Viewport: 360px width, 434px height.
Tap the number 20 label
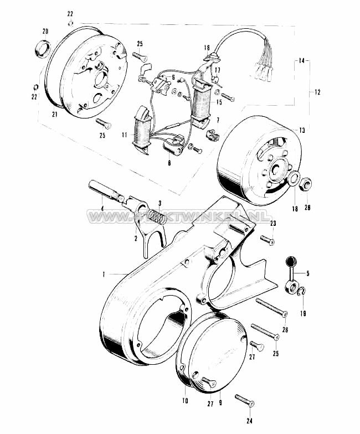45,30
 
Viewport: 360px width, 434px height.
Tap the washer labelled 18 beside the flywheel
293,179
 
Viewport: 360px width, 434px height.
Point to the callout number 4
101,208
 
